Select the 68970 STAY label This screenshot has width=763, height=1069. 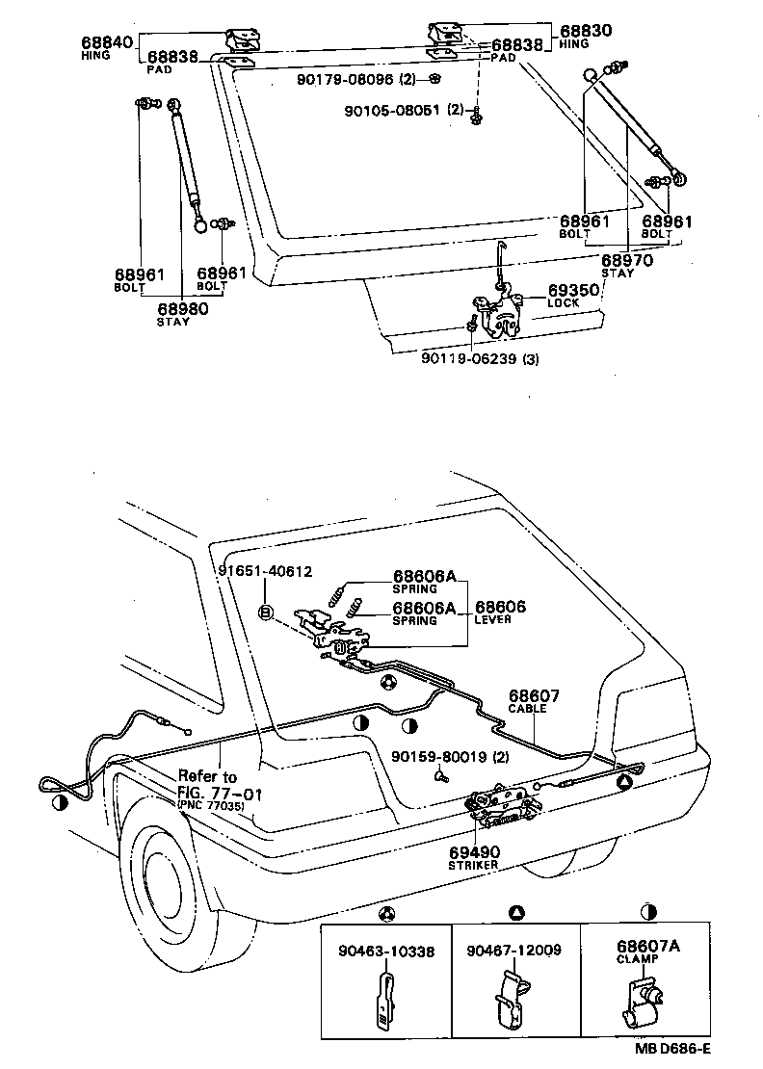click(x=627, y=261)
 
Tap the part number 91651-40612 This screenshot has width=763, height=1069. click(x=265, y=571)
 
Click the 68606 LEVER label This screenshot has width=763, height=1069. click(x=499, y=609)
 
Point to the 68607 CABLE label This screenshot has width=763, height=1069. click(x=535, y=696)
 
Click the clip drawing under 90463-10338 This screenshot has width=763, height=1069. click(x=382, y=1002)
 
